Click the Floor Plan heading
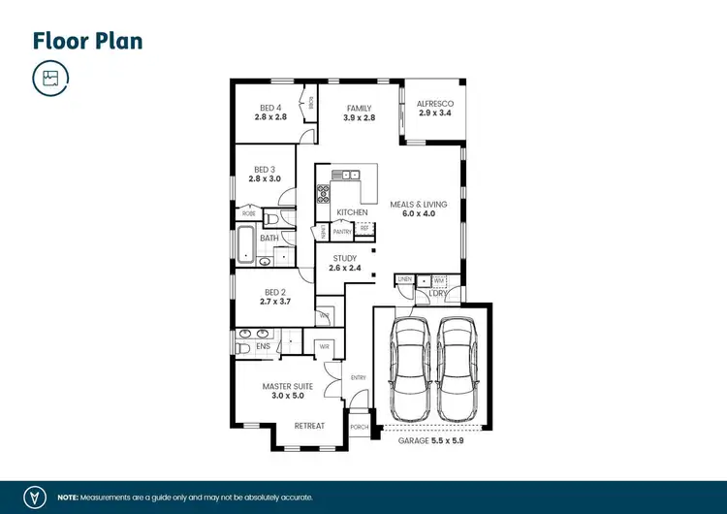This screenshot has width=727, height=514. pyautogui.click(x=88, y=41)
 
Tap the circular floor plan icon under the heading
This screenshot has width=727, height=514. pyautogui.click(x=50, y=78)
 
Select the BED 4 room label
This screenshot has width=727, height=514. pyautogui.click(x=270, y=107)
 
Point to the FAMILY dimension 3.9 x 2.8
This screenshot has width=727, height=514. pyautogui.click(x=359, y=117)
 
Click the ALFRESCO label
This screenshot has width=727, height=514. pyautogui.click(x=434, y=103)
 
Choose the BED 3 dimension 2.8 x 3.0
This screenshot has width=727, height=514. pyautogui.click(x=265, y=178)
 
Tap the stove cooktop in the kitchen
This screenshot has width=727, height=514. pyautogui.click(x=323, y=192)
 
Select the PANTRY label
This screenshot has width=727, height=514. pyautogui.click(x=342, y=232)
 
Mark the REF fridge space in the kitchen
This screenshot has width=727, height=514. pyautogui.click(x=364, y=228)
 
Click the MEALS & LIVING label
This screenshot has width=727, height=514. pyautogui.click(x=418, y=204)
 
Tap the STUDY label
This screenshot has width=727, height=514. pyautogui.click(x=345, y=258)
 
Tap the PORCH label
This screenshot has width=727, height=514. pyautogui.click(x=360, y=426)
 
